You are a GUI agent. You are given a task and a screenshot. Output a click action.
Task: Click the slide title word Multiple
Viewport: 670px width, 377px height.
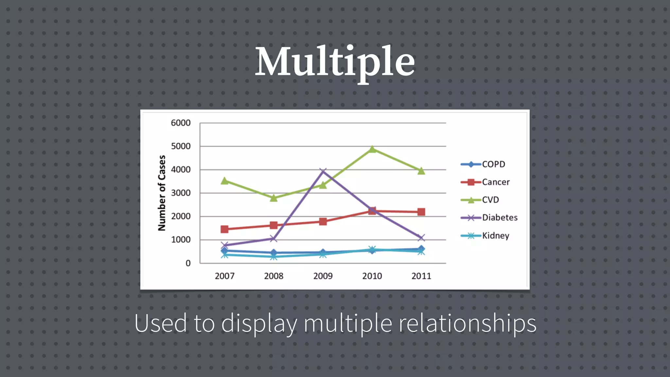pos(335,62)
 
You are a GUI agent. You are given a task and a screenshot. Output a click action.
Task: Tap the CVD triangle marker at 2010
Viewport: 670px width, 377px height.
pos(372,149)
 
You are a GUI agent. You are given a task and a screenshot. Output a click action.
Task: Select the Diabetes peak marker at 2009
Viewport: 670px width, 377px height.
pos(323,171)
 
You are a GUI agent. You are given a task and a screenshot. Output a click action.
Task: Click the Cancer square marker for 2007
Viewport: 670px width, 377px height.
pos(224,229)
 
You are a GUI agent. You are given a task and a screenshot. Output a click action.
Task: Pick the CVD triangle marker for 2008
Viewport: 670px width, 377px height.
pos(274,198)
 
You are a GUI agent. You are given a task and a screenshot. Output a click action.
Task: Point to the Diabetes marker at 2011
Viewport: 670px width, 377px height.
pos(421,238)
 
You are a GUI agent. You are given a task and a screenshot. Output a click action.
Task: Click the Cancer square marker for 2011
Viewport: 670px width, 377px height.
pos(421,212)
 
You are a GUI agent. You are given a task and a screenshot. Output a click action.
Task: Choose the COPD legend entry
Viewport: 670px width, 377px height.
pos(483,164)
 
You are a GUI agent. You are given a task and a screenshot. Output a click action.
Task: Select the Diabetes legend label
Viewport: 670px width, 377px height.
pos(500,218)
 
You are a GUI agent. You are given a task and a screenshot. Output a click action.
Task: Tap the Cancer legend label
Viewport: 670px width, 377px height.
pos(496,182)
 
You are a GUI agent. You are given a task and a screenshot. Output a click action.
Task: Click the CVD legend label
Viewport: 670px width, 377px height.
pos(490,200)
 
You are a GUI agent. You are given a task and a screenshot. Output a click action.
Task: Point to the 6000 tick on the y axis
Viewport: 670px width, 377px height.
pos(181,123)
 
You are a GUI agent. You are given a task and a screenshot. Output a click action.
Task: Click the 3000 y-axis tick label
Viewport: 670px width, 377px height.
pos(181,193)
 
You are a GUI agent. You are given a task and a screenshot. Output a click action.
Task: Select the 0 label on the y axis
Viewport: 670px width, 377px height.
pos(188,263)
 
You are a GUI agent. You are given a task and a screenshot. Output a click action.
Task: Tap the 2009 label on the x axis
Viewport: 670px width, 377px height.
pos(323,276)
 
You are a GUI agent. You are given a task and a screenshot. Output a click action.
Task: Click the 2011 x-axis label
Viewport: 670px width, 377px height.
pos(421,276)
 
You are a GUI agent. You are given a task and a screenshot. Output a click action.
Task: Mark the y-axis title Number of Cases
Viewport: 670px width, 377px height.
pos(162,193)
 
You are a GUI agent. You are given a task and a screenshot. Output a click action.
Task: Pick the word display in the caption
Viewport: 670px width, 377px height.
pos(259,323)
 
